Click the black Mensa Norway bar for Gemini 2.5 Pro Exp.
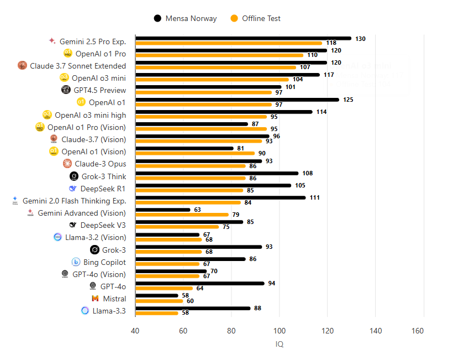[243, 38]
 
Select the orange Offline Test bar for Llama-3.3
[157, 313]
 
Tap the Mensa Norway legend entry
[186, 18]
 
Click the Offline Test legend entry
[255, 18]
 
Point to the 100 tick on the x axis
[280, 331]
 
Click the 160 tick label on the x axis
[424, 331]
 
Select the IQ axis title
[280, 344]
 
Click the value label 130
[360, 38]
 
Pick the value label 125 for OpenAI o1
[348, 100]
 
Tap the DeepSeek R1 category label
[103, 189]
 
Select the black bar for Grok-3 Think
[217, 173]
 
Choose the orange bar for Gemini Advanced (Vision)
[182, 215]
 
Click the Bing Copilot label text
[104, 262]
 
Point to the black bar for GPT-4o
[200, 283]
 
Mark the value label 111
[314, 197]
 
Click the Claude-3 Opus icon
[67, 164]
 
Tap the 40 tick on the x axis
[135, 331]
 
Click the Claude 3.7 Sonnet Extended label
[78, 66]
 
